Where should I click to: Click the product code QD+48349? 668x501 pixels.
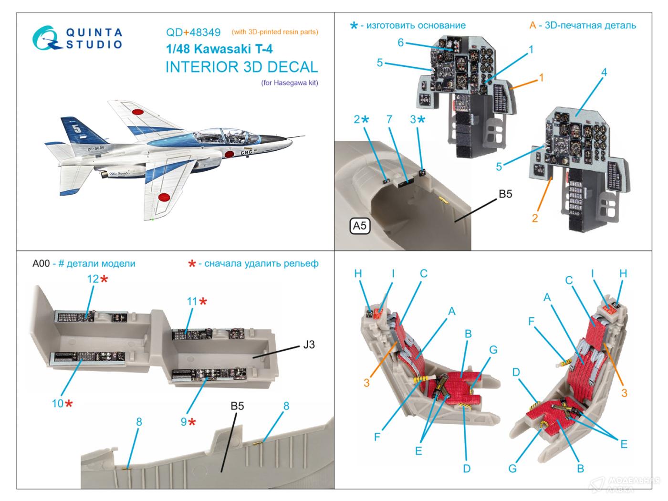(x=193, y=32)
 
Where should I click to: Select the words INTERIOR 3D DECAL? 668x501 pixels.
(x=241, y=67)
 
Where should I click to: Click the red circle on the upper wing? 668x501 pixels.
(x=138, y=113)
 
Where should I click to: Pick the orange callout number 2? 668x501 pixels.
(x=534, y=218)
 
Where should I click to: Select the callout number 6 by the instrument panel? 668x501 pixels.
(x=401, y=42)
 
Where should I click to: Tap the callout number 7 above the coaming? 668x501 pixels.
(x=389, y=119)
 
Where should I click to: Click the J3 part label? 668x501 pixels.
(x=309, y=344)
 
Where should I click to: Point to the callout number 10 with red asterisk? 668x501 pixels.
(x=57, y=404)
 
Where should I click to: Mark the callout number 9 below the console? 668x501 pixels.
(x=184, y=422)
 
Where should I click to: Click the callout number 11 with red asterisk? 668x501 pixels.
(x=192, y=302)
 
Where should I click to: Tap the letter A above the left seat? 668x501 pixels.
(x=451, y=312)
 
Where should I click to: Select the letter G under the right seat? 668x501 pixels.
(x=512, y=468)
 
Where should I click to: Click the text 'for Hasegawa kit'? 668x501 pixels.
(x=290, y=83)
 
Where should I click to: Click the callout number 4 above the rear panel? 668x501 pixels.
(x=604, y=73)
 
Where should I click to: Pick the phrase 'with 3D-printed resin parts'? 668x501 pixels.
(x=275, y=32)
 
